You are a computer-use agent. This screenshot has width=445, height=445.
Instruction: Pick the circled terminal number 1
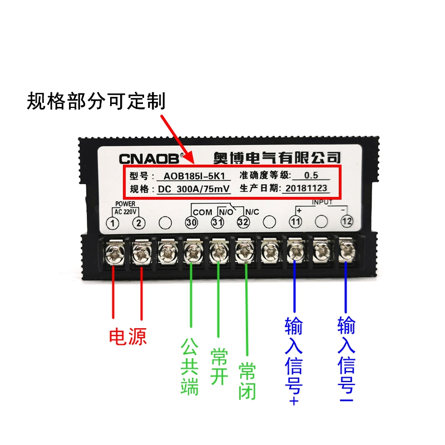point(113,223)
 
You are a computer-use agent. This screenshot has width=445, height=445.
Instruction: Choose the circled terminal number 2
point(139,223)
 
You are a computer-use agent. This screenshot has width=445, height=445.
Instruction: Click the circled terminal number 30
point(191,222)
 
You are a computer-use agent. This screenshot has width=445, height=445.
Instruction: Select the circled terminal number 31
point(217,222)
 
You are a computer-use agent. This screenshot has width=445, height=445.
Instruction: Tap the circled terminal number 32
point(243,222)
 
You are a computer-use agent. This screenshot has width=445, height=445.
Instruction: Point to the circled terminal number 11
point(295,222)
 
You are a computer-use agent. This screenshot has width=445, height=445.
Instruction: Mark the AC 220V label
point(126,211)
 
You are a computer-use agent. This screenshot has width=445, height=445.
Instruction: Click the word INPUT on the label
point(322,202)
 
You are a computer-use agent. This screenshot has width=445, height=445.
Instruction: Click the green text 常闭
point(246,382)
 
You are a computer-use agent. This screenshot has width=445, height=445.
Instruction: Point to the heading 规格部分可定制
point(96,102)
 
